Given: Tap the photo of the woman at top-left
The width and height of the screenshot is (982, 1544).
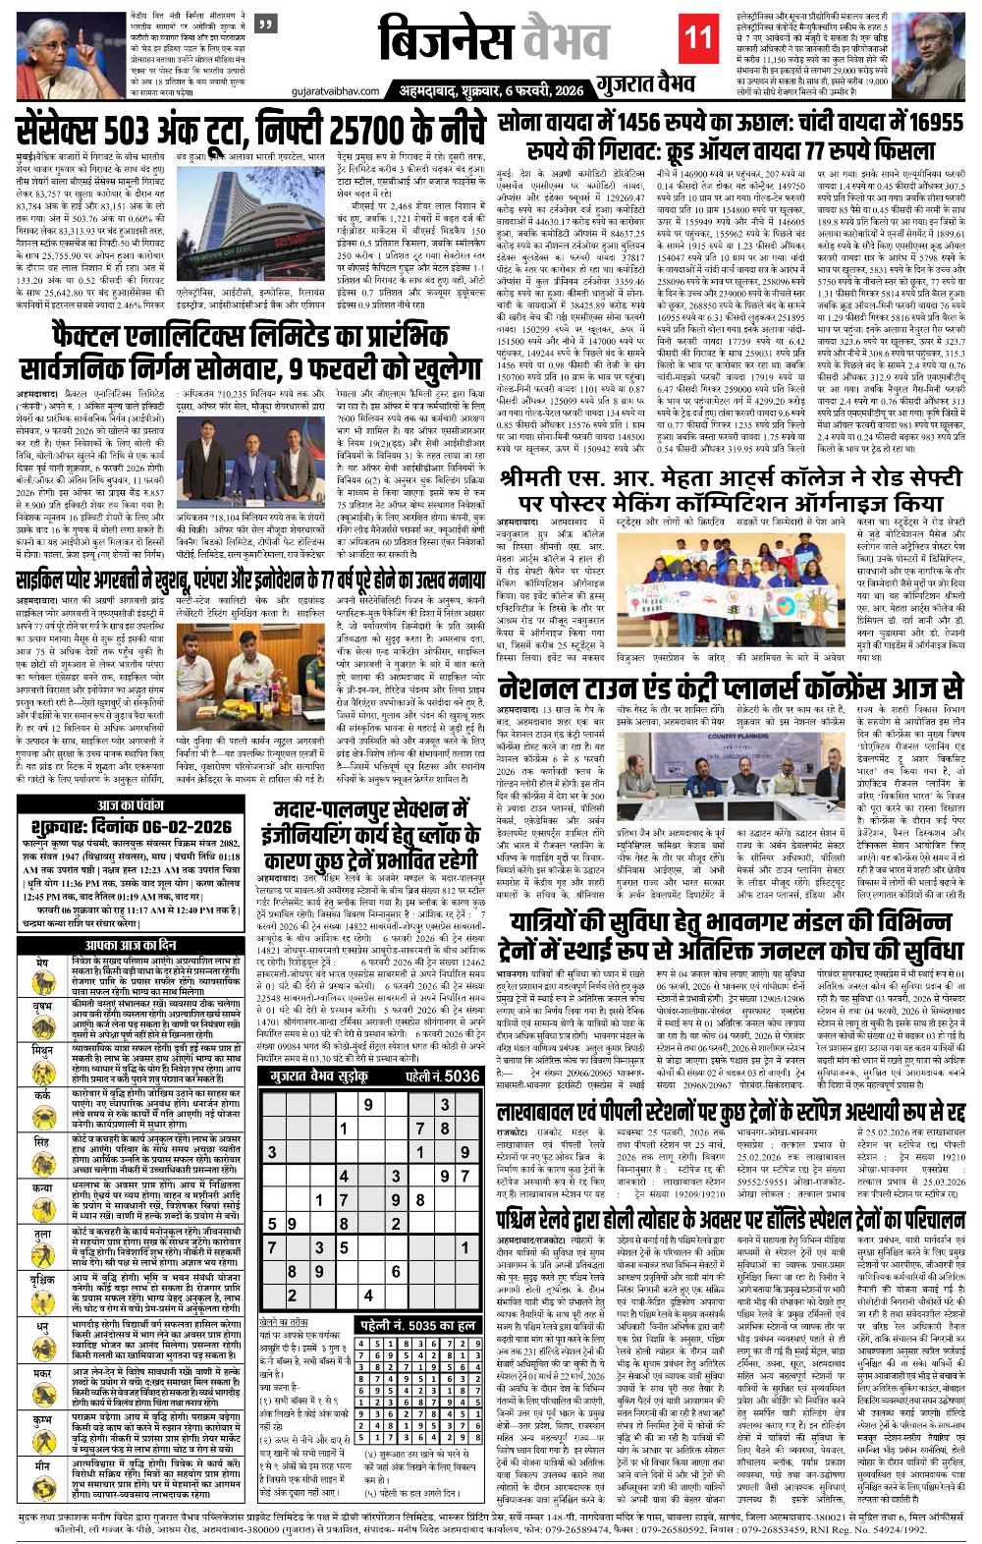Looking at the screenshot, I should [58, 46].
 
